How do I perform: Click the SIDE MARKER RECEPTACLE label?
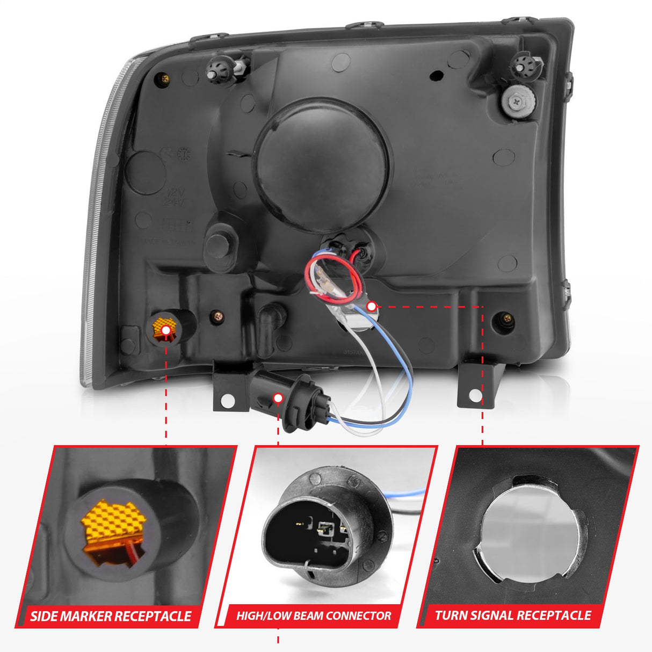(111, 616)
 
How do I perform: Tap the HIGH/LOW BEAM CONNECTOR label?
(314, 616)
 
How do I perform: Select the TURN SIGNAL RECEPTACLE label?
(513, 615)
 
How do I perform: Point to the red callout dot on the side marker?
(166, 329)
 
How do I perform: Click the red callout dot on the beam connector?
(278, 398)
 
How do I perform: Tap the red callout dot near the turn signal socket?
(371, 306)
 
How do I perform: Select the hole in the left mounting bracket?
(228, 400)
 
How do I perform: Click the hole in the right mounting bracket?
(475, 396)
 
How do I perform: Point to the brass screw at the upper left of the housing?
(165, 79)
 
